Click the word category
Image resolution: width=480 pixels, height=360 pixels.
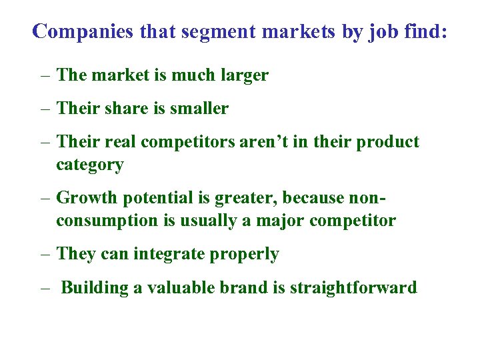pyautogui.click(x=90, y=165)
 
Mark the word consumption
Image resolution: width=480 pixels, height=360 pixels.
pyautogui.click(x=108, y=220)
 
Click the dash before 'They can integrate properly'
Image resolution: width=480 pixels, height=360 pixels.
pyautogui.click(x=44, y=254)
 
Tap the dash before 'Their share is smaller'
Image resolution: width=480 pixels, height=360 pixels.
pyautogui.click(x=44, y=108)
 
